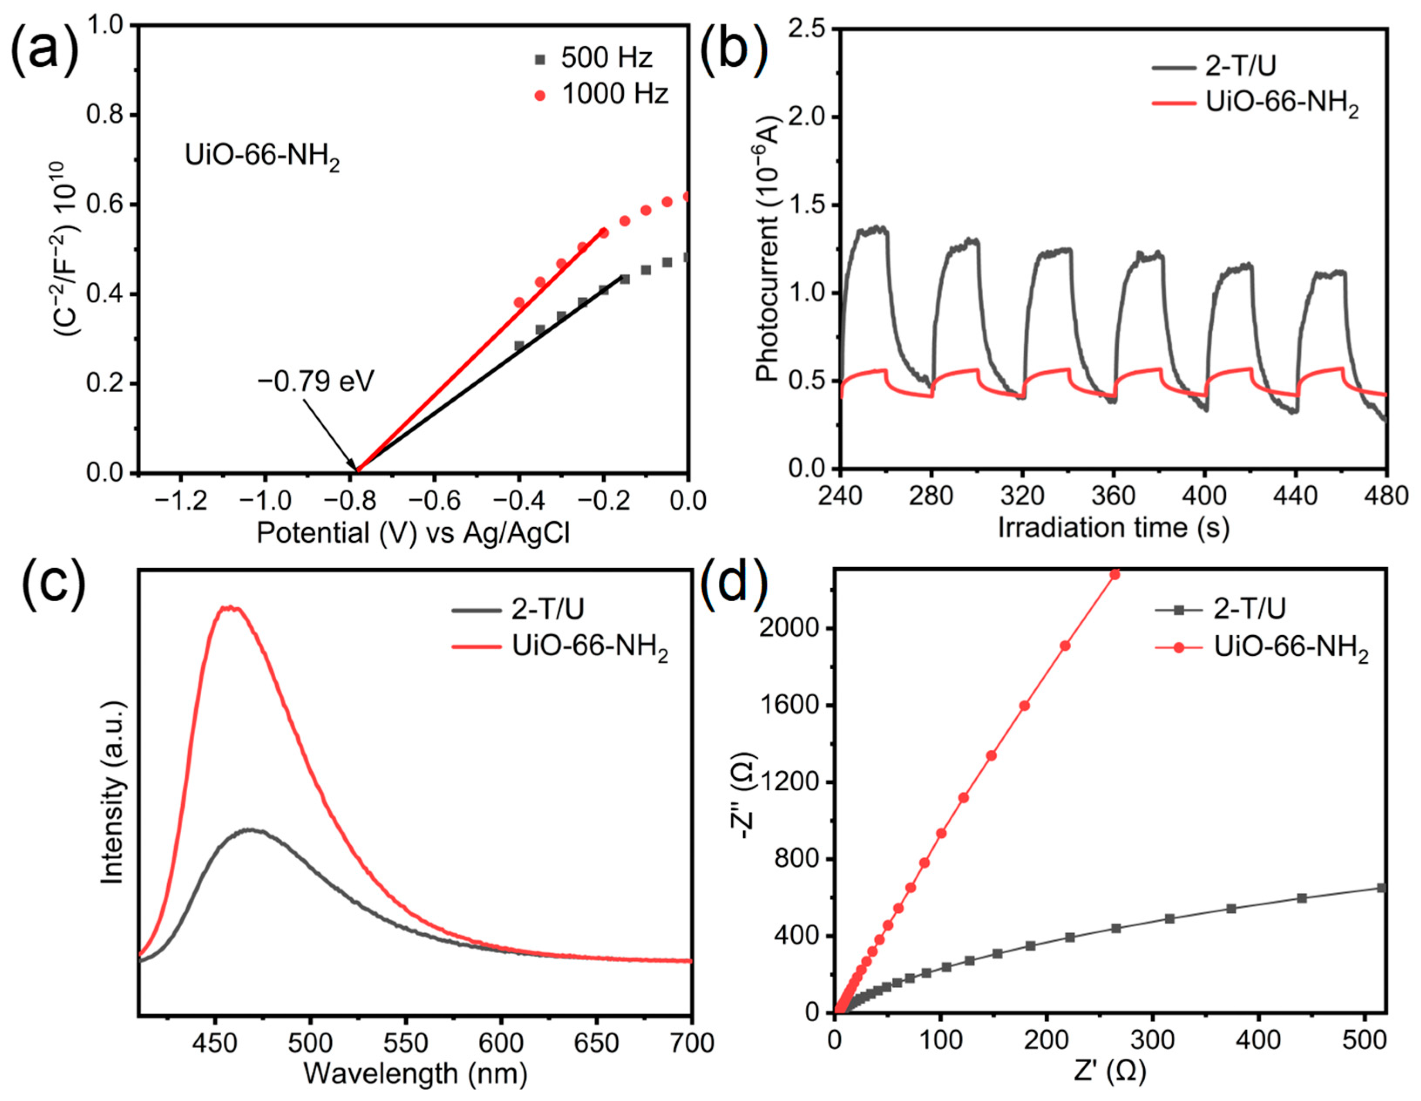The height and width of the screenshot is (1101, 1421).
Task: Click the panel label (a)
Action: coord(44,49)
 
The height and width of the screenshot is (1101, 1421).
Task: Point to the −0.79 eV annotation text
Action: coord(317,381)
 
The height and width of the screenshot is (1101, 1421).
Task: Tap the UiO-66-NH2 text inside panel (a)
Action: coord(262,158)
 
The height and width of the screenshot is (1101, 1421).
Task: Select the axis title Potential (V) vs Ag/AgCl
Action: coord(413,534)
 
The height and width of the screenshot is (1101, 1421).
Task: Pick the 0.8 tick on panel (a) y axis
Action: coord(106,115)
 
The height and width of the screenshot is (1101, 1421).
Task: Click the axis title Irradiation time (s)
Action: coord(1113,528)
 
